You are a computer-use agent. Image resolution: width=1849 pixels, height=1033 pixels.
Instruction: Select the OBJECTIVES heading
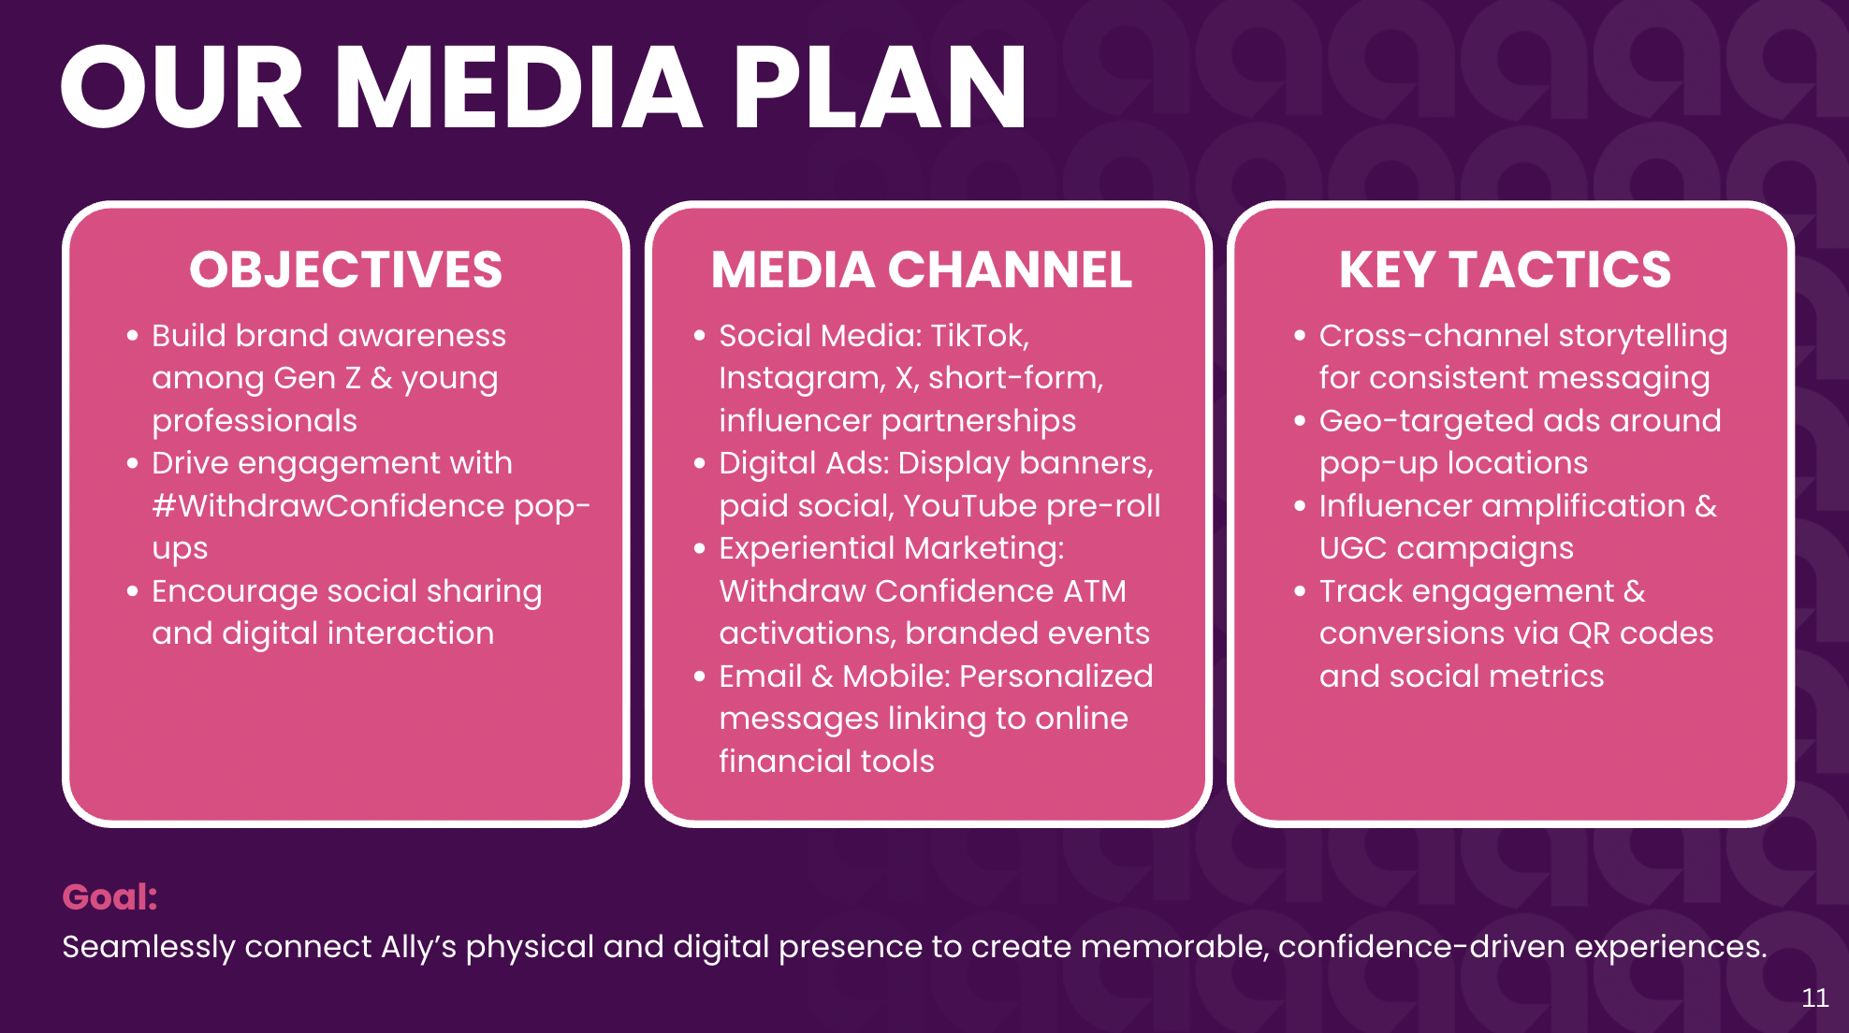click(x=346, y=269)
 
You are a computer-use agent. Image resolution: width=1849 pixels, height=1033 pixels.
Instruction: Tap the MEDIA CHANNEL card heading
click(x=922, y=269)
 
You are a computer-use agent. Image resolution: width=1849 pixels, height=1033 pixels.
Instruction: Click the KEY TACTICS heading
click(x=1505, y=269)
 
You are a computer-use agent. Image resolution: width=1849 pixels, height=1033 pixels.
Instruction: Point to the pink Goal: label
click(x=109, y=896)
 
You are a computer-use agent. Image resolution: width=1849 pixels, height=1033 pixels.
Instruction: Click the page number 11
click(x=1815, y=997)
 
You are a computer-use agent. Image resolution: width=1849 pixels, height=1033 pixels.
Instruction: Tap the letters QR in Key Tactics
click(x=1589, y=633)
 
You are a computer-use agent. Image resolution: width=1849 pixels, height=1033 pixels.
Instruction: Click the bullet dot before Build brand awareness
click(x=133, y=336)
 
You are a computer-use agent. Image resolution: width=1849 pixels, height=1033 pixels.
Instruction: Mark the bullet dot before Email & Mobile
click(x=699, y=677)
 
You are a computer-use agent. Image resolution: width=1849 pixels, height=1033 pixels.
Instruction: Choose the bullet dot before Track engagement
click(x=1300, y=591)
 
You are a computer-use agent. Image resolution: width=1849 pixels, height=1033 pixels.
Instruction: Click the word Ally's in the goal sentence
click(x=418, y=947)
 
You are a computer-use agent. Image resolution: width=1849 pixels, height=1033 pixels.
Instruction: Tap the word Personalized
click(x=1056, y=677)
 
